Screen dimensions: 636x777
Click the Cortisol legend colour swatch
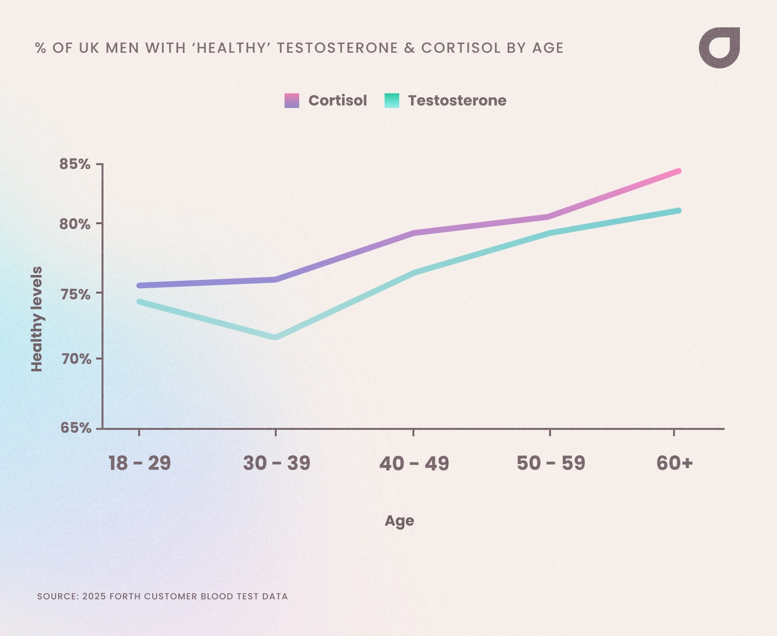point(292,101)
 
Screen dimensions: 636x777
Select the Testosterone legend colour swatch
point(392,101)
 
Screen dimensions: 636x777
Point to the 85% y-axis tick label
point(75,164)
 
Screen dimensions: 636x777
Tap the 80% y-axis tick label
point(75,224)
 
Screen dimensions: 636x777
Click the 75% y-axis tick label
point(75,294)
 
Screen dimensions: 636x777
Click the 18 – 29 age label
point(140,463)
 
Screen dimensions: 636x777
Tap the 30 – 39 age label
point(277,463)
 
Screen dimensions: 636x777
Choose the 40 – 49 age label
point(414,463)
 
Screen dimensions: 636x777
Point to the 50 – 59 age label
point(551,463)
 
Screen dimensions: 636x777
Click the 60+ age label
point(675,463)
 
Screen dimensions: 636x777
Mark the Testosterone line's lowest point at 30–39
point(275,337)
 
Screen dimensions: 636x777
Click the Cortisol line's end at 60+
point(678,171)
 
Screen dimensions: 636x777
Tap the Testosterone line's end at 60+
point(678,211)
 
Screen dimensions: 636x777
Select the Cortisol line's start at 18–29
point(140,285)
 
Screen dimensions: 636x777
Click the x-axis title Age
point(399,521)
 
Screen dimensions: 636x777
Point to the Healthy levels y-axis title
point(37,319)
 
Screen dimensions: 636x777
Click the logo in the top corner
point(719,48)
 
